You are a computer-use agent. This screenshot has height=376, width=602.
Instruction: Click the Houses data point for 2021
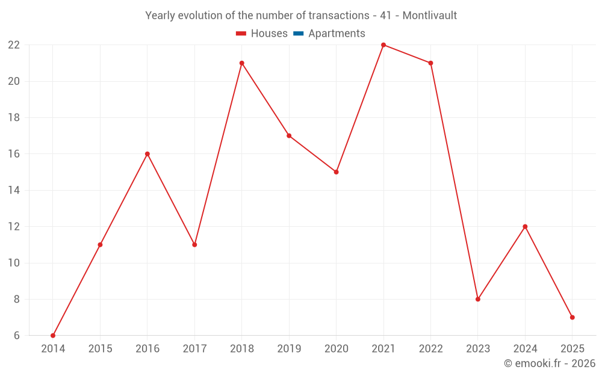tap(383, 45)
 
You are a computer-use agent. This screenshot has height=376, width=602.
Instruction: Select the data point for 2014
tap(53, 335)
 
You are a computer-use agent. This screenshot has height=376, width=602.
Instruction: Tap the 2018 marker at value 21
tap(242, 63)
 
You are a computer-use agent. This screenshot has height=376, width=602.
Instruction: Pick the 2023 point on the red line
tap(478, 299)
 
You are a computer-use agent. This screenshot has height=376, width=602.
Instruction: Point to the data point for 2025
tap(572, 317)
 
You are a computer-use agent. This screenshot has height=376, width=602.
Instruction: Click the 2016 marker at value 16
tap(147, 154)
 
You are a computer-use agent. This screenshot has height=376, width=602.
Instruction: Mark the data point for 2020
tap(337, 172)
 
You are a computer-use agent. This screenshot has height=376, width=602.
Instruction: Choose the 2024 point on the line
tap(525, 227)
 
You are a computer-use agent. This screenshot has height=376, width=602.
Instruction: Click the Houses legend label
tap(269, 34)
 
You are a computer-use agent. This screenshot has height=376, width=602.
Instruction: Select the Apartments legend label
tap(337, 34)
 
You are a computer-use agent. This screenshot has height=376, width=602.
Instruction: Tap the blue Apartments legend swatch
tap(298, 34)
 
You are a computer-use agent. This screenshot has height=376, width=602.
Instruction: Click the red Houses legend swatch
tap(241, 34)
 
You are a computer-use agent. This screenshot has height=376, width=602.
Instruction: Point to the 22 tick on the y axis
tap(14, 45)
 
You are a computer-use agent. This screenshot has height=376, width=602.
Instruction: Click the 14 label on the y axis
tap(14, 190)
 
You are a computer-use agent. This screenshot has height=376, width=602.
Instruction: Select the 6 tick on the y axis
tap(17, 335)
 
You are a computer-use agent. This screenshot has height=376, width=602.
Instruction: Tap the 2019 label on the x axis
tap(289, 348)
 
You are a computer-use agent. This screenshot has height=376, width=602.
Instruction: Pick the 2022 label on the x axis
tap(430, 348)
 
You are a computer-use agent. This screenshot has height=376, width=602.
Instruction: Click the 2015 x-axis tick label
tap(100, 348)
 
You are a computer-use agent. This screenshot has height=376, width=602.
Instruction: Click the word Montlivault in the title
tap(429, 16)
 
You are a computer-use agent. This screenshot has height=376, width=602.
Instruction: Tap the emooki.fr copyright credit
tap(550, 363)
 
